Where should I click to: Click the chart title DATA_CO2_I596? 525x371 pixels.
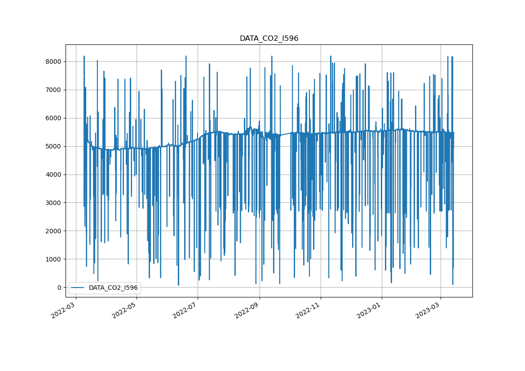(x=269, y=39)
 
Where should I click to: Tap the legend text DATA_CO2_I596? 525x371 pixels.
(x=113, y=288)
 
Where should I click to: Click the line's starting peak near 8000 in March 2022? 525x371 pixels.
(x=84, y=57)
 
